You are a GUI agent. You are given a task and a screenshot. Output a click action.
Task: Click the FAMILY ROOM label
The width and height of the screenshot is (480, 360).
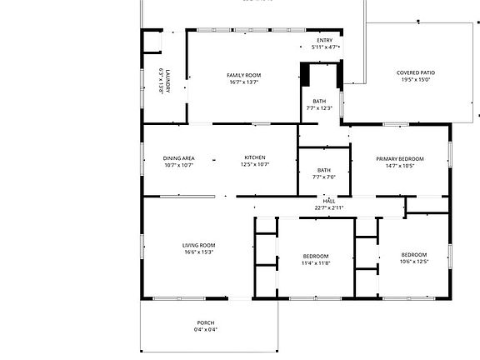pos(244,76)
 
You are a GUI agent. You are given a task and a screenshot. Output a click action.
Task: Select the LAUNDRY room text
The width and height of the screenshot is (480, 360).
pos(167,81)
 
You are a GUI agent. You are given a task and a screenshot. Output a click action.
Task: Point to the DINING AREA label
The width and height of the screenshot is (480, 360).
pos(178,158)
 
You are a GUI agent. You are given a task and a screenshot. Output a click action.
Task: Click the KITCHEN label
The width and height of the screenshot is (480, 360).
pos(254,158)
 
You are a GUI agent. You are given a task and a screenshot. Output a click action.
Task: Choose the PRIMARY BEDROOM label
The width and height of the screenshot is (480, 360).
pos(400,158)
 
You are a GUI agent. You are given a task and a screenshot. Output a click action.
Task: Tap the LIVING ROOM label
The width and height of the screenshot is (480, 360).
pos(199,245)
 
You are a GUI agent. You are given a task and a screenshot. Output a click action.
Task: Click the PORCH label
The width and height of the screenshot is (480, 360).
pos(206,322)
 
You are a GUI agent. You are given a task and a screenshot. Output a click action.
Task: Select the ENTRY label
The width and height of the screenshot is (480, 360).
pos(325,40)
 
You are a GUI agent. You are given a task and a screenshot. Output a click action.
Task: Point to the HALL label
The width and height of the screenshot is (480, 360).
pos(329,201)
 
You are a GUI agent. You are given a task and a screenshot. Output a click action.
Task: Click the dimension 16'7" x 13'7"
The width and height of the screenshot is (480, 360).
pos(244,82)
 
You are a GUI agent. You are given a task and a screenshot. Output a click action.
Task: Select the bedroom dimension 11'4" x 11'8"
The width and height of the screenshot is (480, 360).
pos(316,262)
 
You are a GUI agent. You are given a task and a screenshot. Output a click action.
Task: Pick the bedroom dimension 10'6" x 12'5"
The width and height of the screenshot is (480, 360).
pos(414,262)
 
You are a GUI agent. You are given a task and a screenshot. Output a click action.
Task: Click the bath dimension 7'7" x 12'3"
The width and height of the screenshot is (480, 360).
pos(319,107)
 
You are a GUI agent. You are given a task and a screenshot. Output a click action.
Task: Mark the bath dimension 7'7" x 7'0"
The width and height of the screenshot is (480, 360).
pos(323,177)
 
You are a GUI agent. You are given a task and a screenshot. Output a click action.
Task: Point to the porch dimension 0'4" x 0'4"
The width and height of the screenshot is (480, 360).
pos(206,329)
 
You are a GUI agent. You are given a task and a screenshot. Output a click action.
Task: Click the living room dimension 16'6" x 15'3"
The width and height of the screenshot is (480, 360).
pos(199,252)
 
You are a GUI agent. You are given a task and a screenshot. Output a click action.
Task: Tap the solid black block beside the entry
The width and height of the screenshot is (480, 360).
pos(306,74)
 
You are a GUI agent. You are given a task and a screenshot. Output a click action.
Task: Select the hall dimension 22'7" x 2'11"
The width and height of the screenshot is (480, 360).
pos(329,207)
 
